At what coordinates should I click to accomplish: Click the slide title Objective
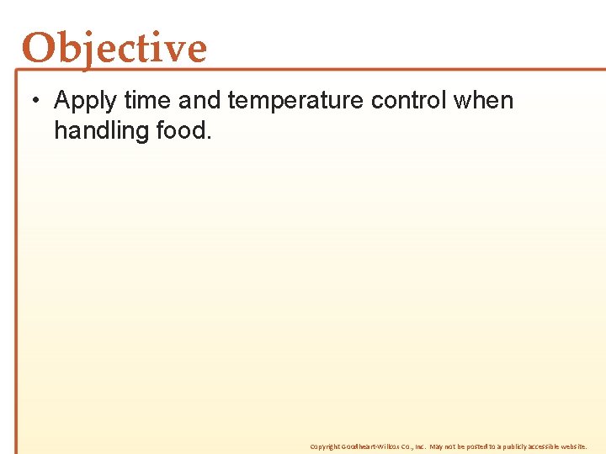pos(114,48)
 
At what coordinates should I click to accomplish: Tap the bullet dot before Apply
pos(36,101)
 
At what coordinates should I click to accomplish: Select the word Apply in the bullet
pos(85,101)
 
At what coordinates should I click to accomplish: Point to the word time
pos(146,100)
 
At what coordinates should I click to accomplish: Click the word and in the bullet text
pos(199,100)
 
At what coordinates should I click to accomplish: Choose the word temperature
pos(295,101)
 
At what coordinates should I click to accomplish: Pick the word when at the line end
pos(483,100)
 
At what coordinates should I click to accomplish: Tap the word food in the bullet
pos(183,130)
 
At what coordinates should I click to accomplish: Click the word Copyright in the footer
pos(325,446)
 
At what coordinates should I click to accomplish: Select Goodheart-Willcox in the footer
pos(370,446)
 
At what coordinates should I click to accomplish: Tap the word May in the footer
pos(437,446)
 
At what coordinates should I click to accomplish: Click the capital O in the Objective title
pos(39,49)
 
